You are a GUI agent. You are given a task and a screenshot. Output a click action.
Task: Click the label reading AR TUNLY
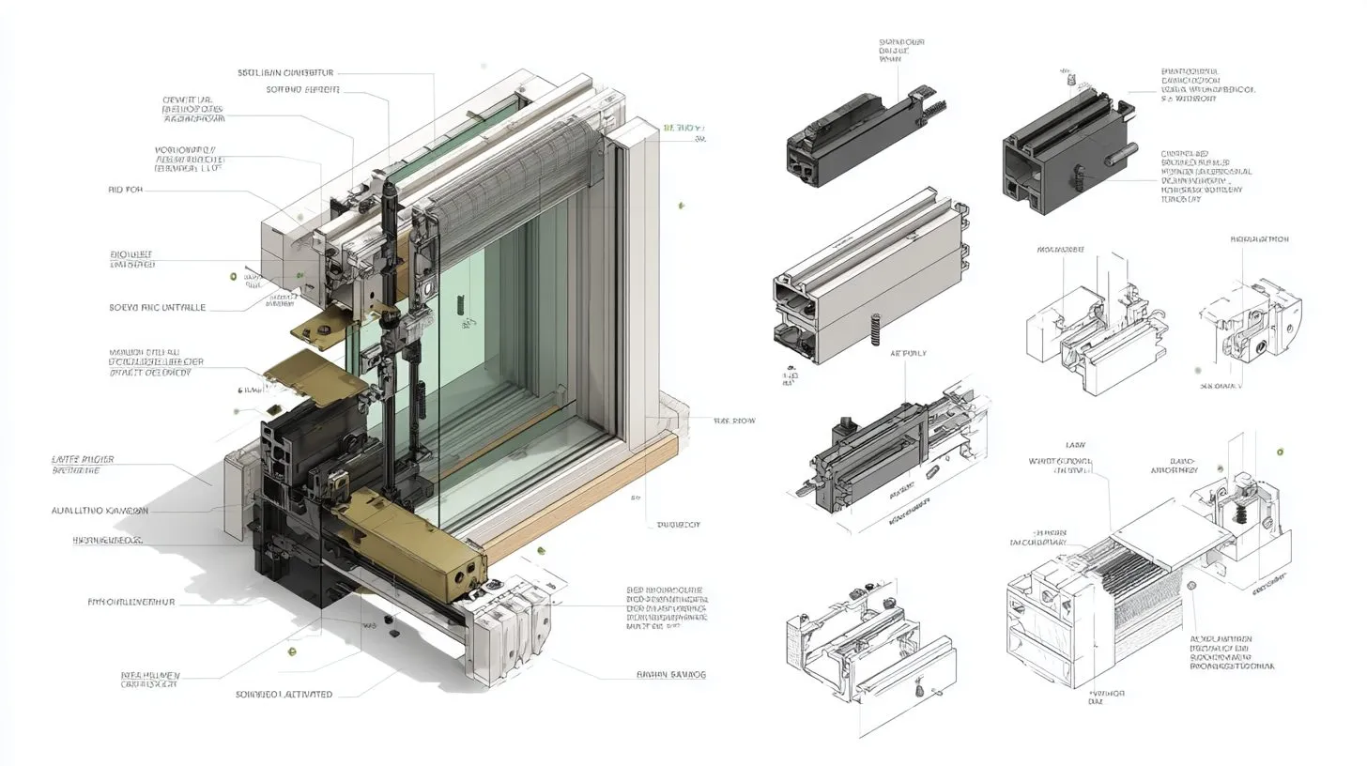908,354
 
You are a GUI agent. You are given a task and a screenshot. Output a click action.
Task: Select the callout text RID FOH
126,190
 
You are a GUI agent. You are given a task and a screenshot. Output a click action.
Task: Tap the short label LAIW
1076,444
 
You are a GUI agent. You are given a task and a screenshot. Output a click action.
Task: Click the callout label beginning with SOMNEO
284,695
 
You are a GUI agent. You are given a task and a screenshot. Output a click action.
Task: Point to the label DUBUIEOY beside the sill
678,525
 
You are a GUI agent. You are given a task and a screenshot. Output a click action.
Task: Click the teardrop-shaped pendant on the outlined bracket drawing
919,692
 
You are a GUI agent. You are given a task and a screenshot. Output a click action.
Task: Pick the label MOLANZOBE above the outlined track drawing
1060,250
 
